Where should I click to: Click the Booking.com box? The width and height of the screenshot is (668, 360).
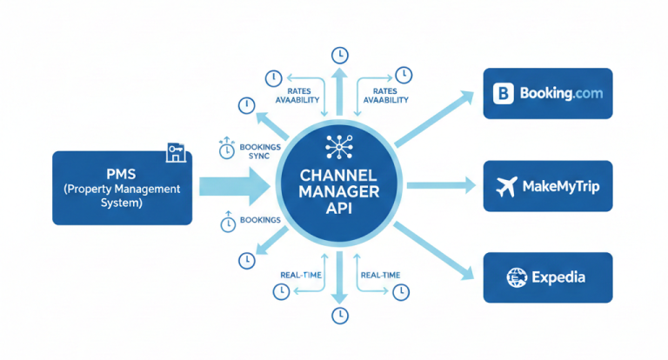548,93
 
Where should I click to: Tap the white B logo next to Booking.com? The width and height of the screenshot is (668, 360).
504,93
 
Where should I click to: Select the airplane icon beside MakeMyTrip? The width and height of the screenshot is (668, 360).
505,185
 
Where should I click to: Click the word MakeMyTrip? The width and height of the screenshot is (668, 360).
560,186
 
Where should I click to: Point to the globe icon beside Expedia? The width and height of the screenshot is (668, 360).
518,277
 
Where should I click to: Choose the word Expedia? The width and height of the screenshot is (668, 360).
559,278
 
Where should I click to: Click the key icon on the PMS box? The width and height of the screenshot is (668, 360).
176,153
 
